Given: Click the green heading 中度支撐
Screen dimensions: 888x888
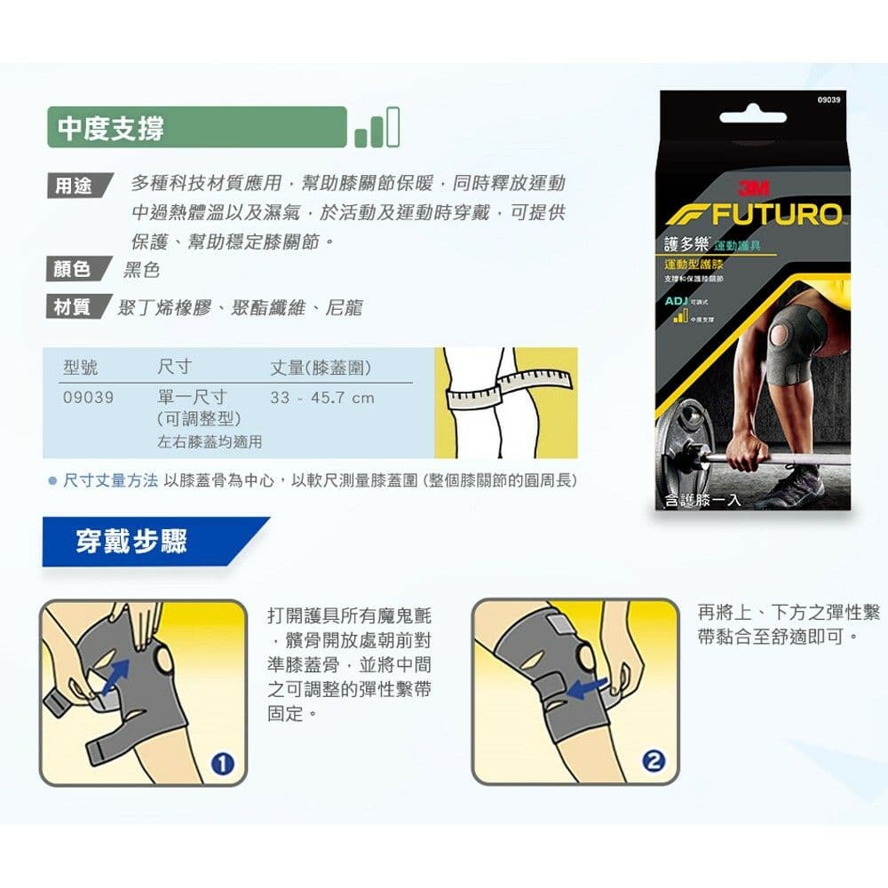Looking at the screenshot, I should click(x=111, y=128).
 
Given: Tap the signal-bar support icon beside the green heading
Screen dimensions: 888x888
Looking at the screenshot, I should click(x=377, y=128).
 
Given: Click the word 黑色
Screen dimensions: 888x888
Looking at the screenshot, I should click(x=141, y=269).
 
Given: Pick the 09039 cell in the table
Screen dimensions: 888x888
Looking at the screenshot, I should click(x=88, y=397).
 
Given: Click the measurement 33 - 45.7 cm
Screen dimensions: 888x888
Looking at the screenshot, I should click(x=321, y=397).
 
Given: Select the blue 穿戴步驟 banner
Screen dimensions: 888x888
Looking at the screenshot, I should click(x=133, y=541).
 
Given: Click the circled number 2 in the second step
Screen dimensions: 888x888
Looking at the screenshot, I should click(x=654, y=761).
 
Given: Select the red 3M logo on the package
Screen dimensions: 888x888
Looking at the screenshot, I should click(x=753, y=188).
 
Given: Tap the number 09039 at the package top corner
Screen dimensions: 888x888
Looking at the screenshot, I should click(x=828, y=100).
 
